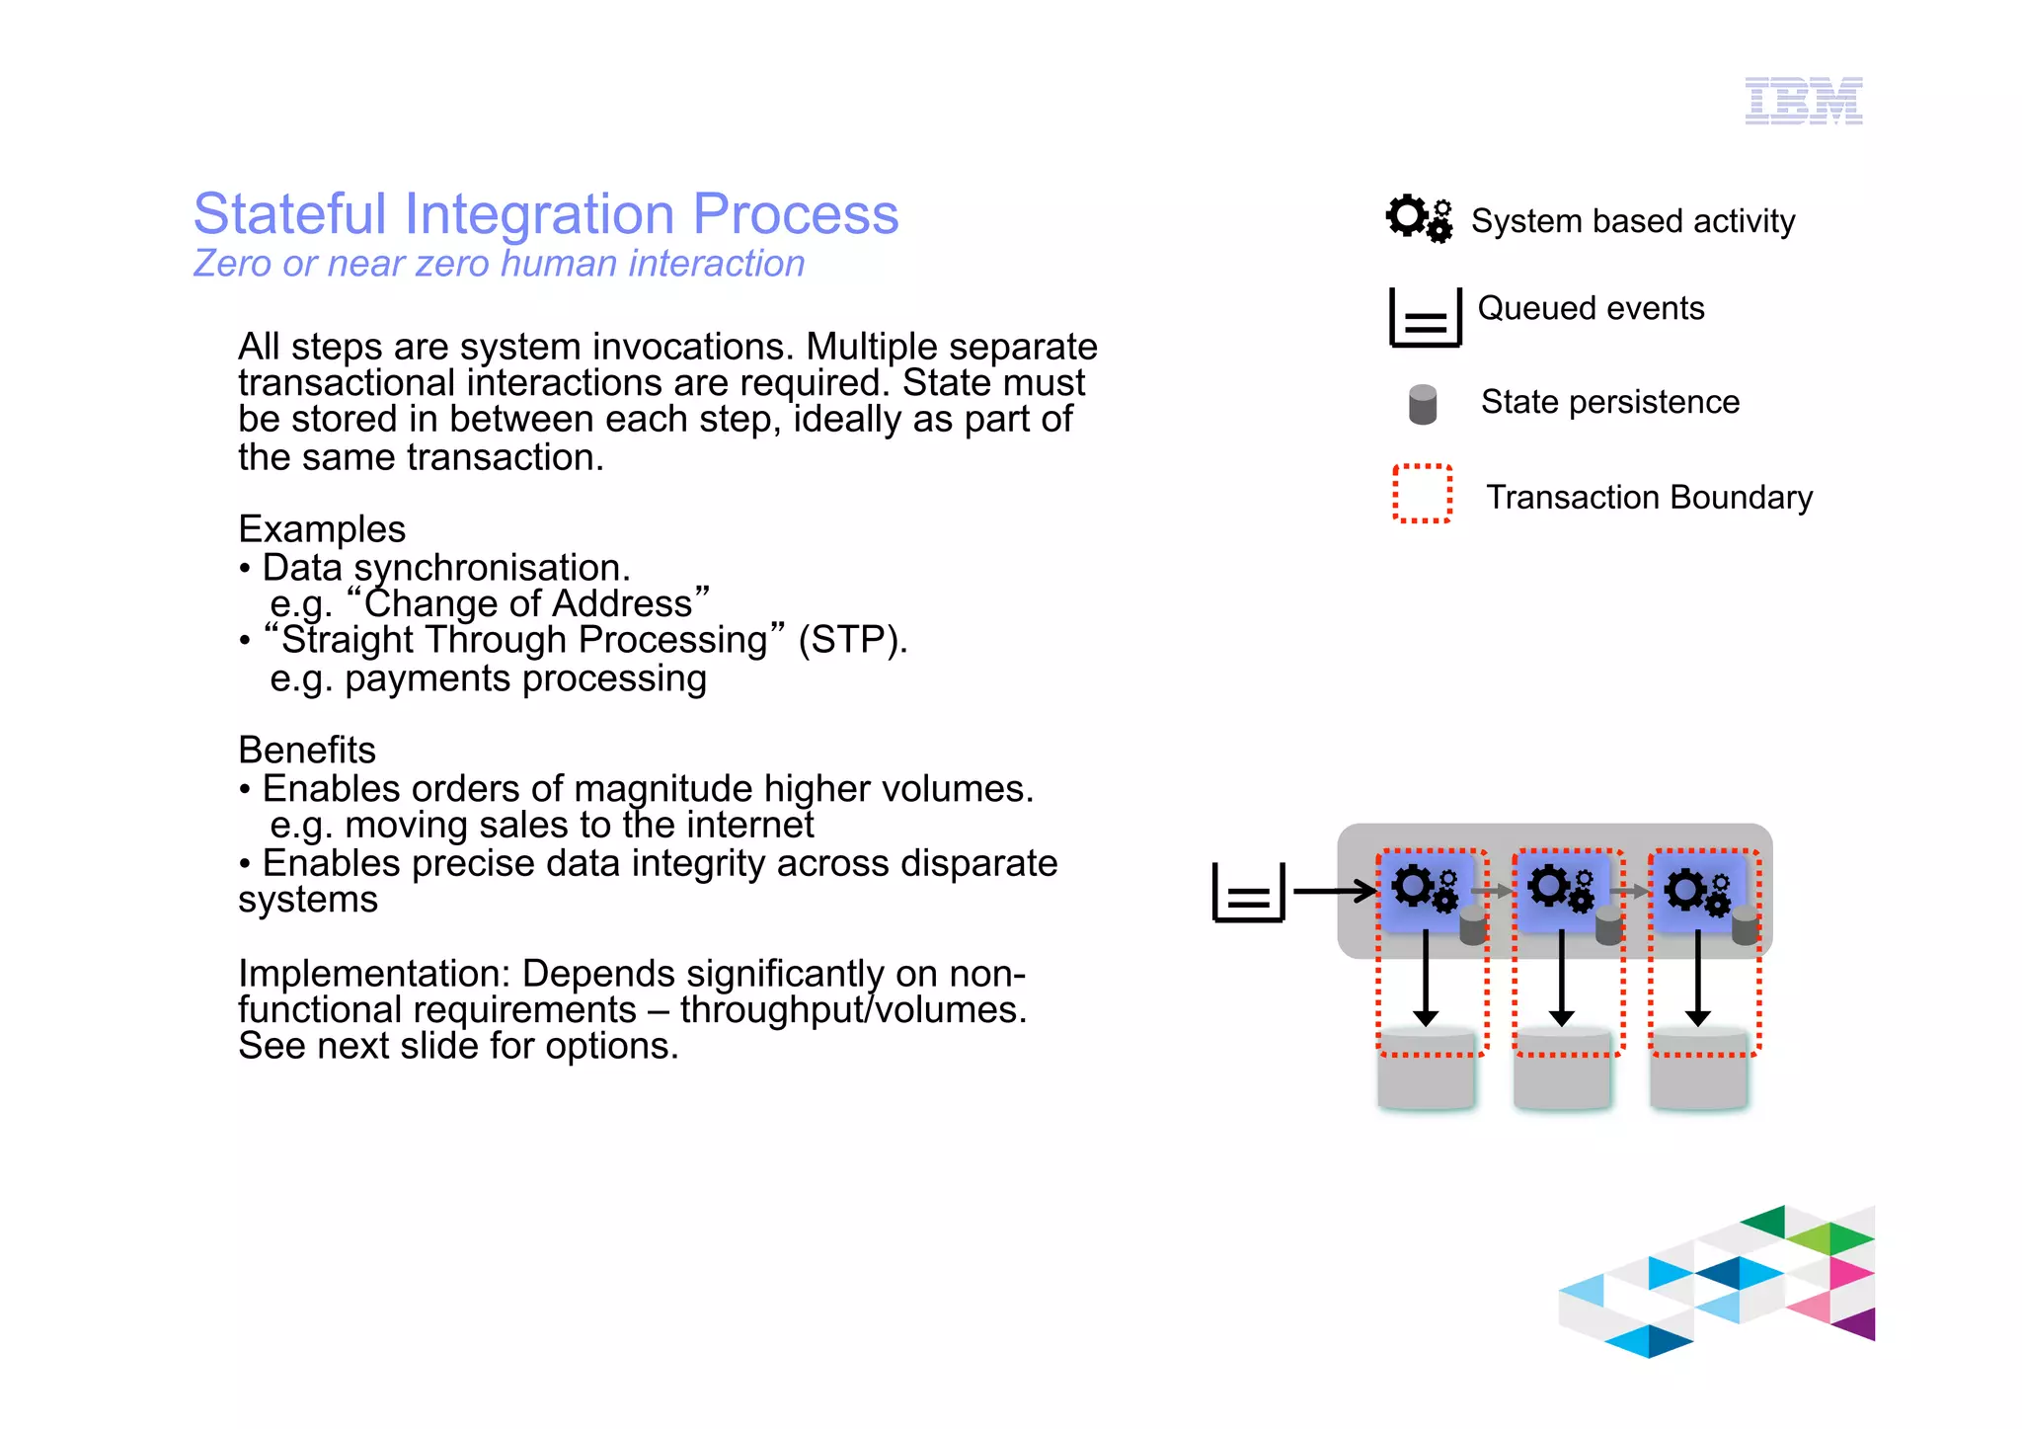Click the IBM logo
click(x=1803, y=101)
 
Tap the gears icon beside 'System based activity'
click(x=1419, y=218)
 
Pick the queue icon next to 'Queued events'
click(x=1425, y=317)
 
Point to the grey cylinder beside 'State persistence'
click(x=1423, y=404)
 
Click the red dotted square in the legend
click(x=1422, y=493)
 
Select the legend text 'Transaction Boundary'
click(x=1649, y=497)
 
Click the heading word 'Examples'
click(x=322, y=529)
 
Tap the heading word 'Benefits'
click(x=307, y=751)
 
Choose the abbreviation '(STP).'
click(x=852, y=640)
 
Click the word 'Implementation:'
click(x=374, y=974)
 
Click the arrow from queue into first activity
click(x=1333, y=891)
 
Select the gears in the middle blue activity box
click(x=1560, y=888)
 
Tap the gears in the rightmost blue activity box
click(x=1697, y=891)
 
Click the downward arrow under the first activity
click(x=1426, y=978)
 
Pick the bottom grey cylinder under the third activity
click(x=1698, y=1071)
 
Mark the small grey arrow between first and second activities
click(x=1492, y=891)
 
